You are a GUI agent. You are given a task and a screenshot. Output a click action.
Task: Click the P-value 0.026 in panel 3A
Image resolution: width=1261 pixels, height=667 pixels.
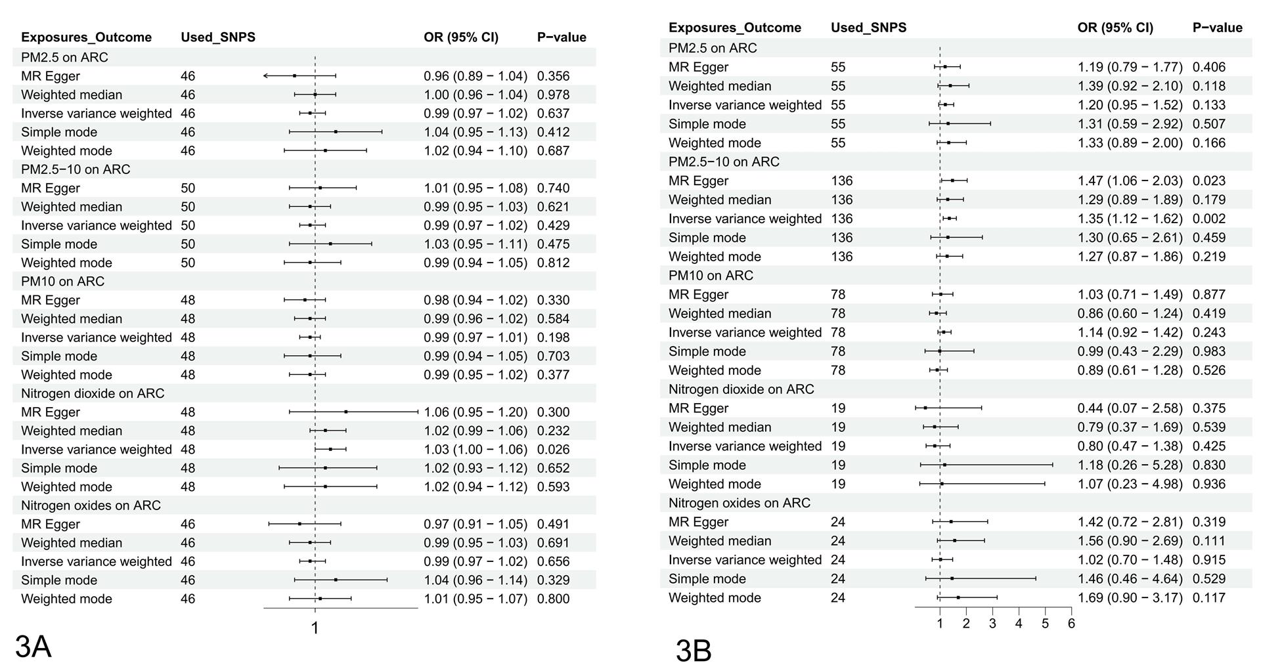click(x=553, y=450)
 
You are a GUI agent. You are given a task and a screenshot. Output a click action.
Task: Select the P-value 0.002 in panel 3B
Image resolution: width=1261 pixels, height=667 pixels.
click(x=1208, y=219)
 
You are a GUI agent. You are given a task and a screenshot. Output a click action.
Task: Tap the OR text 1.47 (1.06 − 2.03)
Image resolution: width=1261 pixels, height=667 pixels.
click(x=1130, y=181)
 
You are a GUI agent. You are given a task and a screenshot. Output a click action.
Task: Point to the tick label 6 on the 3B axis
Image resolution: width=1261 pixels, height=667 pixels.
click(x=1071, y=624)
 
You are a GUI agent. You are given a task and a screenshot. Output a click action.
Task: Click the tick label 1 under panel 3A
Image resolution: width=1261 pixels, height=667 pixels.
click(x=315, y=628)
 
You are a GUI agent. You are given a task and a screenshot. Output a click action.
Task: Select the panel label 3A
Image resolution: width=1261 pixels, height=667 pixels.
click(x=33, y=647)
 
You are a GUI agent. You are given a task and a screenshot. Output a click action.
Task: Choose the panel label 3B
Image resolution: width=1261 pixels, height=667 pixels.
click(x=694, y=651)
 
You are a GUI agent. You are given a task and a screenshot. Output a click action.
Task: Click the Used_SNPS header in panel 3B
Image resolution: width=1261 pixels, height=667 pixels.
click(x=868, y=28)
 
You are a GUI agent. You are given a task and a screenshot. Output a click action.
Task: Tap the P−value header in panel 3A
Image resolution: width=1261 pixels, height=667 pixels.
click(x=562, y=37)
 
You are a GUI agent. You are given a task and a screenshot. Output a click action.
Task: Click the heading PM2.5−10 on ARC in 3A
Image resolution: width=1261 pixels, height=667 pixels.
click(x=76, y=169)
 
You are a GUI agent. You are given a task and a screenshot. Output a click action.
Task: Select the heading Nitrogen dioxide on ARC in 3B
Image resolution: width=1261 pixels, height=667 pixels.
click(x=741, y=389)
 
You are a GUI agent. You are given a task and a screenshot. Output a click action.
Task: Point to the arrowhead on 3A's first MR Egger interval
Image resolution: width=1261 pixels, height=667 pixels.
click(x=265, y=76)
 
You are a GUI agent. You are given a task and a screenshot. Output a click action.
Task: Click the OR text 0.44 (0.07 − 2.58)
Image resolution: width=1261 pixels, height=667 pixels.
click(x=1130, y=408)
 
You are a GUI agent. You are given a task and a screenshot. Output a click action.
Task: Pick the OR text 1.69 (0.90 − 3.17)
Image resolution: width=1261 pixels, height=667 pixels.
click(x=1130, y=598)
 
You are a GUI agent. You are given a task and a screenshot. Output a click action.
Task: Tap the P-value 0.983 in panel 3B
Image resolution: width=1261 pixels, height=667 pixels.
click(x=1208, y=351)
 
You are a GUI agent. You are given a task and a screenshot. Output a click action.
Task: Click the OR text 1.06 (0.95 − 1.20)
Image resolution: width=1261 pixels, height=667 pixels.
click(x=476, y=412)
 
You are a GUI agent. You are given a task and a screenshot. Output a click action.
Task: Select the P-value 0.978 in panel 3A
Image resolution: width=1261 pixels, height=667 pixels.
click(x=553, y=95)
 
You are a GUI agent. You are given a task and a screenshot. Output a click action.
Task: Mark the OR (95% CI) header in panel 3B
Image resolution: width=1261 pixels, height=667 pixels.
click(x=1115, y=28)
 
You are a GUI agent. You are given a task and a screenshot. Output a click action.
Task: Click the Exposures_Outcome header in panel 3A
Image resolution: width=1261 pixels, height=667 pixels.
click(x=86, y=37)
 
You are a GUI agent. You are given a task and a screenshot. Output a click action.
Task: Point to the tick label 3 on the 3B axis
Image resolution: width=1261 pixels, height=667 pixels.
click(x=992, y=624)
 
